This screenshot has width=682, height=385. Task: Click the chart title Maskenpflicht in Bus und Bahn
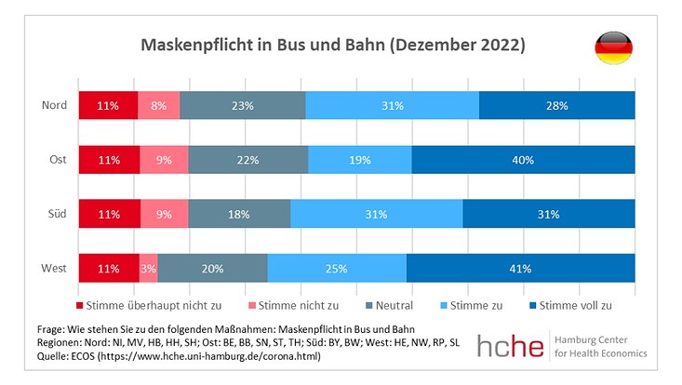pyautogui.click(x=332, y=45)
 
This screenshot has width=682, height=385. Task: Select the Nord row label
pyautogui.click(x=55, y=105)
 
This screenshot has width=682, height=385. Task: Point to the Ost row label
pyautogui.click(x=58, y=160)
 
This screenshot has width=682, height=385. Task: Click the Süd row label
pyautogui.click(x=57, y=215)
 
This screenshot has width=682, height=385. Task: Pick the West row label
pyautogui.click(x=54, y=269)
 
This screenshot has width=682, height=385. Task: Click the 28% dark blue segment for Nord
pyautogui.click(x=556, y=105)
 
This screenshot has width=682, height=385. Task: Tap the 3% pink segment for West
pyautogui.click(x=148, y=269)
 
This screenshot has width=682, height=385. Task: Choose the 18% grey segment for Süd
pyautogui.click(x=239, y=215)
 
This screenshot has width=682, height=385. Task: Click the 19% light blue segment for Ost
pyautogui.click(x=359, y=160)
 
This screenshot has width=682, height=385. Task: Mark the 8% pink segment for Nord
pyautogui.click(x=158, y=105)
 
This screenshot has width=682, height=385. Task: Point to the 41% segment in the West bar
pyautogui.click(x=520, y=269)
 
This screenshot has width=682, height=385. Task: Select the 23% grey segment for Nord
pyautogui.click(x=242, y=105)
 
